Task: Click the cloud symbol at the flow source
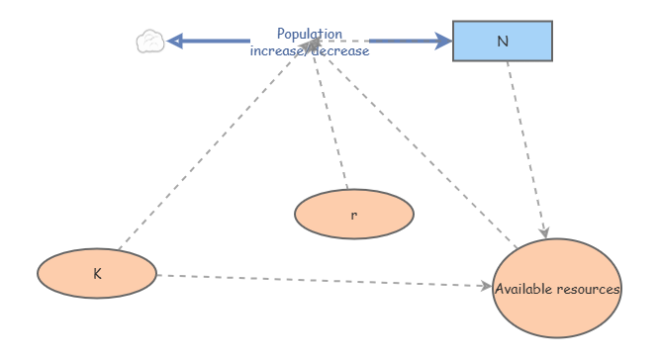click(x=149, y=42)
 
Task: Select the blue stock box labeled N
click(x=503, y=41)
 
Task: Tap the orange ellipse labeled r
click(x=353, y=213)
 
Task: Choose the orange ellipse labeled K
click(x=97, y=272)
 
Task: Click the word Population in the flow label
click(x=310, y=34)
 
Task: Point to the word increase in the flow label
click(x=280, y=50)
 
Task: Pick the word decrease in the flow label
click(x=341, y=50)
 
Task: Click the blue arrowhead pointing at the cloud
click(x=175, y=41)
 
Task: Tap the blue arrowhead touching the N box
click(x=443, y=41)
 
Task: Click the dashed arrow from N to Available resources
click(x=525, y=148)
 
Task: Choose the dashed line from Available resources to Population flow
click(x=416, y=148)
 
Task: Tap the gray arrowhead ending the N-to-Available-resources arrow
click(x=543, y=231)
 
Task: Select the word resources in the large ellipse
click(x=590, y=290)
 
